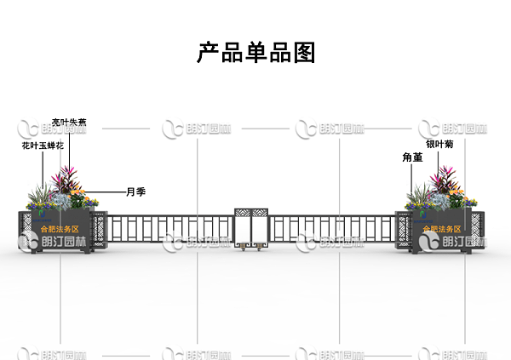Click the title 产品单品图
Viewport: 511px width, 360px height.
click(256, 53)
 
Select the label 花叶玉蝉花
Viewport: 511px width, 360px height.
click(43, 146)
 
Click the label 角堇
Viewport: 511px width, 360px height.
click(413, 158)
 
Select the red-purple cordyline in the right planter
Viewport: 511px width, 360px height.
click(444, 181)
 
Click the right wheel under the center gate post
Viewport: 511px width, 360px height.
click(260, 247)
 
